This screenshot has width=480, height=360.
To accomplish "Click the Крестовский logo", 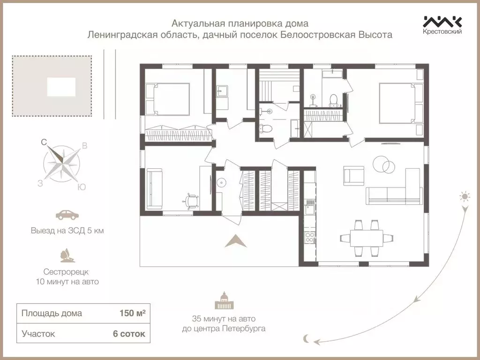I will (442, 25).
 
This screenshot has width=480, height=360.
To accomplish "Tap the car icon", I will (67, 215).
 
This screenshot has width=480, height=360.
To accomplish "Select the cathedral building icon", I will (224, 300).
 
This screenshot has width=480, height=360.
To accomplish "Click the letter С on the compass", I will (44, 142).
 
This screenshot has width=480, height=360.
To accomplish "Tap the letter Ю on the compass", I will (81, 187).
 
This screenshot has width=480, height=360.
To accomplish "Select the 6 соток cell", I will (128, 334).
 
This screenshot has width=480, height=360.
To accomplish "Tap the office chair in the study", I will (191, 201).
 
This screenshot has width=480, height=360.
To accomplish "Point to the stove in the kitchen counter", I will (310, 237).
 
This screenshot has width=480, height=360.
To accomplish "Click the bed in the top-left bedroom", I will (167, 99).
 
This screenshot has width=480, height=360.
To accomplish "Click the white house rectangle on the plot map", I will (61, 87).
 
